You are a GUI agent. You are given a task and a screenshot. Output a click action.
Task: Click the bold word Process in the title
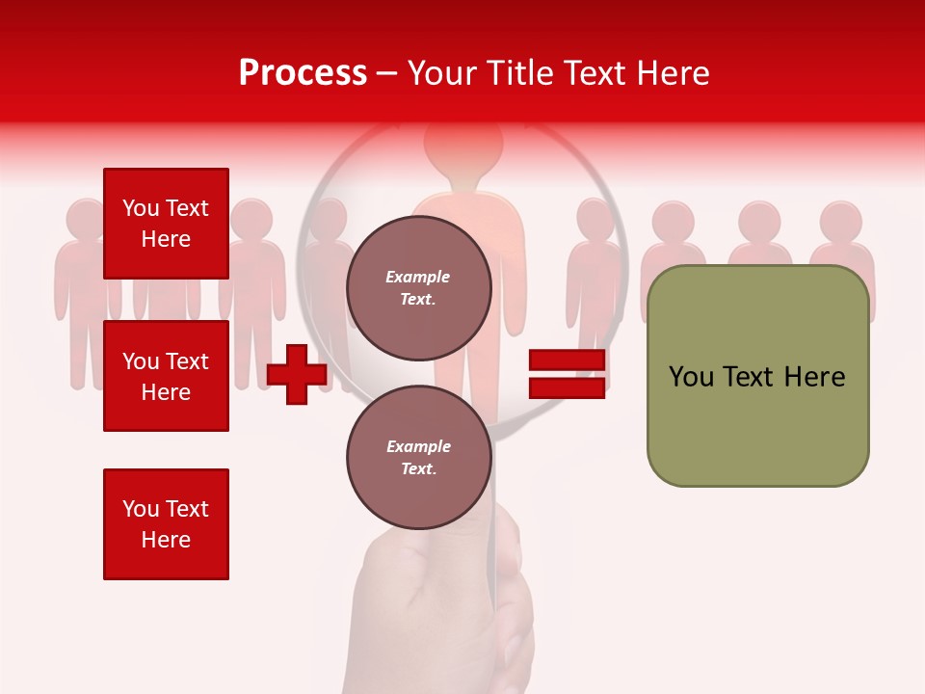[x=303, y=73]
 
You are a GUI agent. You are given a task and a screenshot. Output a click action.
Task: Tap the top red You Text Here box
[x=166, y=224]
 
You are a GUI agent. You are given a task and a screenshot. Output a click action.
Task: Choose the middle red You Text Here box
[x=166, y=376]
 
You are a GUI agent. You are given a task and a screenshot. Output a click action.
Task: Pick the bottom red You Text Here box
[x=166, y=523]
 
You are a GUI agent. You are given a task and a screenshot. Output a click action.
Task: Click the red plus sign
[x=297, y=374]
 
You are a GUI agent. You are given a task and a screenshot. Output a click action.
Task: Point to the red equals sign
[x=567, y=374]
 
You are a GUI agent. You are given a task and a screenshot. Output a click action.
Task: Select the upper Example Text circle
[x=418, y=288]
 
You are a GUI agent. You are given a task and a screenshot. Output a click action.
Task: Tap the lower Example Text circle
[x=418, y=457]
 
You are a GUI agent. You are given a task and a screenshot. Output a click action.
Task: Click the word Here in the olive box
[x=814, y=377]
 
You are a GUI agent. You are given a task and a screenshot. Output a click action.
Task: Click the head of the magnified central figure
[x=463, y=145]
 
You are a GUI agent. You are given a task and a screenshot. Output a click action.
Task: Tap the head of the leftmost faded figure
[x=87, y=220]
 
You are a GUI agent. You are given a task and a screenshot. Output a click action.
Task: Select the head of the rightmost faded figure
[x=841, y=222]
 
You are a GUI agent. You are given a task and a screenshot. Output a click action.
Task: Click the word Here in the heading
[x=675, y=73]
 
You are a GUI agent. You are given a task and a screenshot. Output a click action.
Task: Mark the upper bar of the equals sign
[x=567, y=360]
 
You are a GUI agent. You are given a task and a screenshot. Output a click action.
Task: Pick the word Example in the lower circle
[x=418, y=446]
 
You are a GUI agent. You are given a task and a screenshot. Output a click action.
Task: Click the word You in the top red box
[x=140, y=208]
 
